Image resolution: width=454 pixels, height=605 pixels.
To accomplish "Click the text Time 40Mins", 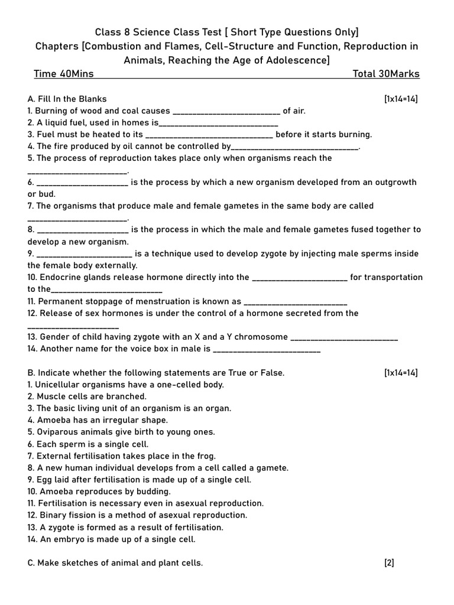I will (x=64, y=74).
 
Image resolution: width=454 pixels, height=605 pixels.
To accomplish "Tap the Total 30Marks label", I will (x=386, y=74).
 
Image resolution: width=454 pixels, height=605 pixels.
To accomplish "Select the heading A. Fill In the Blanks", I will (x=67, y=99).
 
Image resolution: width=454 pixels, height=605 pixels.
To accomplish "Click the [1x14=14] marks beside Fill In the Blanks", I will (x=401, y=99).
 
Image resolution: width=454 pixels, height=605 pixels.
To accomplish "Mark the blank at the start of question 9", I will (x=84, y=254).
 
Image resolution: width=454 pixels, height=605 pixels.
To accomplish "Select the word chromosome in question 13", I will (x=261, y=337).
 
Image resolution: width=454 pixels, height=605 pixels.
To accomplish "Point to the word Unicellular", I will (x=60, y=385).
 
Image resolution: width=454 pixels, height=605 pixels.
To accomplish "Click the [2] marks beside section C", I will (x=389, y=563).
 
